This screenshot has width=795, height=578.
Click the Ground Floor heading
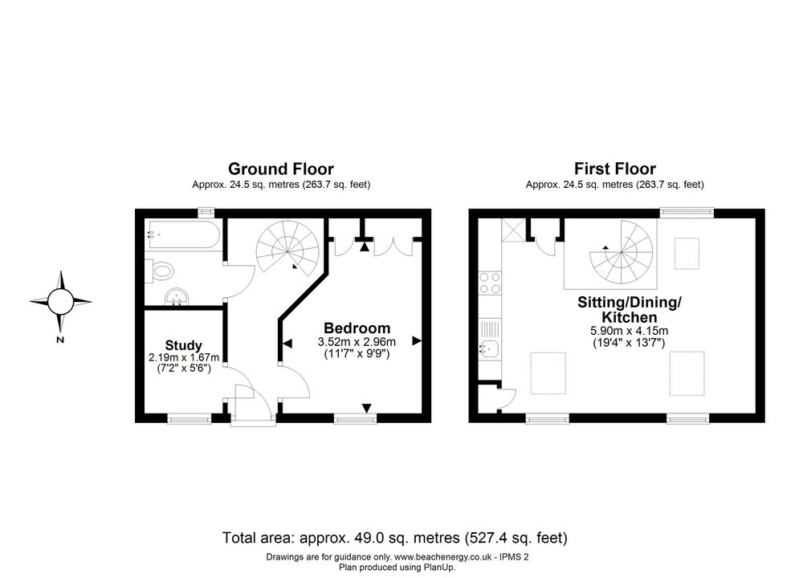point(280,169)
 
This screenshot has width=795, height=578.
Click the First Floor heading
point(614,169)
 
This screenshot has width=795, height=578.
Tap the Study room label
point(184,346)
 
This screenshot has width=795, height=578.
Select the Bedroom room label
point(357,328)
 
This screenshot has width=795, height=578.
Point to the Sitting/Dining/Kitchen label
point(630,310)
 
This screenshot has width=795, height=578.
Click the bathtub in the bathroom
point(182,234)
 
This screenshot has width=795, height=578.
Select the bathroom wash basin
point(177,296)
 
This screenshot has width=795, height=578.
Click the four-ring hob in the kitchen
point(490,283)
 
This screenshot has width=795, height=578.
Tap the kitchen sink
point(489,340)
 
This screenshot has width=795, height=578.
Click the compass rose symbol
point(60,301)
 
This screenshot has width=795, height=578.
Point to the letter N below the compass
point(60,340)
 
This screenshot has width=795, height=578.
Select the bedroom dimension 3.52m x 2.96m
point(357,342)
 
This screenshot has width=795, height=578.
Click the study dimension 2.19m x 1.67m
point(184,357)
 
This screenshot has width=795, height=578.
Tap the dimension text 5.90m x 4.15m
point(630,331)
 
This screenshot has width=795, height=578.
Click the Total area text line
point(395,537)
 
